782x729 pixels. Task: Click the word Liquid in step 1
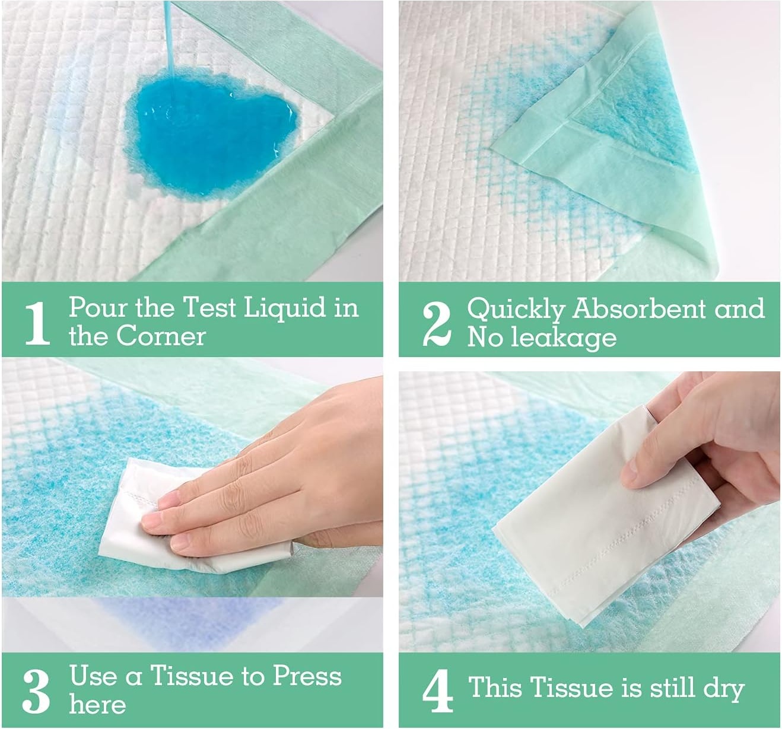pos(284,308)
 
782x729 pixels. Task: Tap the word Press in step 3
pos(307,676)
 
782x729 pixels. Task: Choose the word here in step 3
pos(98,705)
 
